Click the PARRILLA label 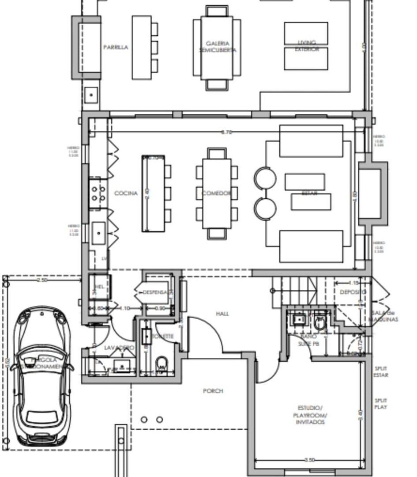(x=116, y=47)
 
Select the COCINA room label (x=126, y=193)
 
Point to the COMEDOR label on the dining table (x=216, y=193)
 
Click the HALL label (x=222, y=314)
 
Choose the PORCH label (x=213, y=391)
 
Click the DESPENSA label (x=155, y=292)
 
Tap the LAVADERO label (x=119, y=348)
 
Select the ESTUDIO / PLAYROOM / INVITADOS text (x=310, y=415)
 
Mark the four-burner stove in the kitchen (x=98, y=193)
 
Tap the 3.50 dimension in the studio (x=310, y=460)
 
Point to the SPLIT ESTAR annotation (x=381, y=371)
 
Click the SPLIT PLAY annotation (x=381, y=404)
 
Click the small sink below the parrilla (x=91, y=95)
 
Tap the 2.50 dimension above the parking (x=42, y=280)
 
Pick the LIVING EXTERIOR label (x=306, y=46)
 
